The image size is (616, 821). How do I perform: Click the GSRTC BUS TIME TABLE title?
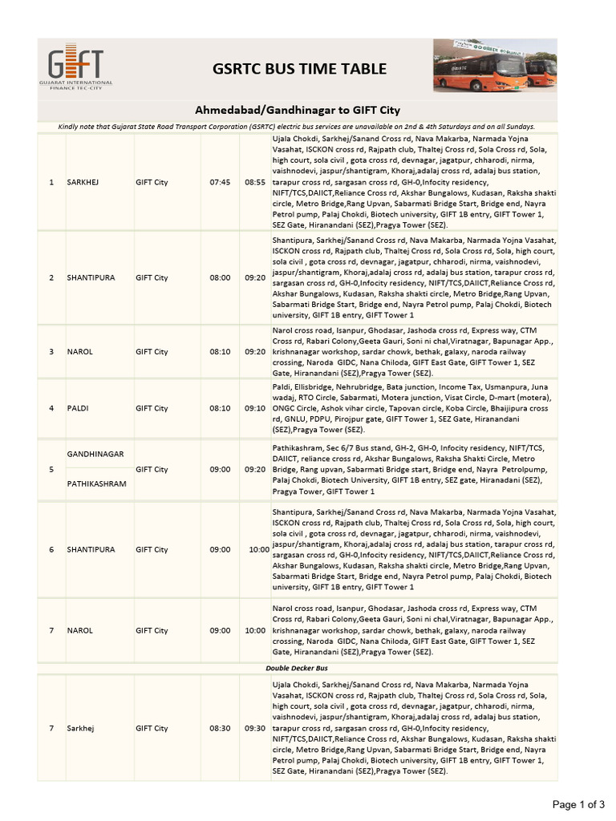click(x=298, y=69)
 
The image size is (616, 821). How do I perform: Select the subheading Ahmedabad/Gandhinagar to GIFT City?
click(x=298, y=109)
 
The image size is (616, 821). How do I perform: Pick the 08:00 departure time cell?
click(x=220, y=277)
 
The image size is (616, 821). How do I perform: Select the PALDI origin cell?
click(x=78, y=408)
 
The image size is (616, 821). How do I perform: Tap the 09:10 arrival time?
click(x=254, y=408)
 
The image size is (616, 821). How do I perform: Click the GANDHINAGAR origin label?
click(x=95, y=454)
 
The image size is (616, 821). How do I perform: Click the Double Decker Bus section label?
click(x=298, y=667)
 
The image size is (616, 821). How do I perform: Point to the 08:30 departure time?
click(x=220, y=728)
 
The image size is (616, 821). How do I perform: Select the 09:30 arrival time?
click(x=254, y=728)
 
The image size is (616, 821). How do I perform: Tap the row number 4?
click(x=51, y=408)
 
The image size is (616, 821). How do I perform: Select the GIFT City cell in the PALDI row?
click(x=152, y=408)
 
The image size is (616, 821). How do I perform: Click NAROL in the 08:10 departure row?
click(x=79, y=351)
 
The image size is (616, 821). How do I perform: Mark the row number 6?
click(x=51, y=549)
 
